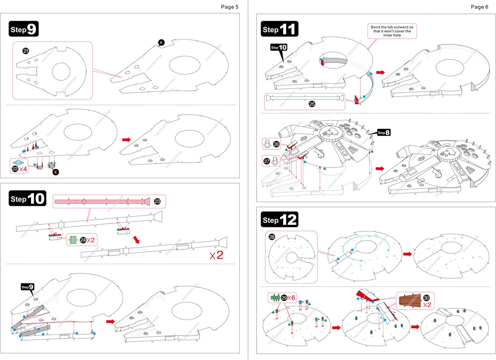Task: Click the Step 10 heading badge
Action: tap(27, 199)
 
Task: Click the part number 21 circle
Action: tap(26, 51)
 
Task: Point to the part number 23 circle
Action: tap(157, 201)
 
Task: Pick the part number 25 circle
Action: tap(312, 104)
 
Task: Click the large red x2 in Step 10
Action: tap(218, 255)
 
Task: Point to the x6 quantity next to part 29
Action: tap(291, 297)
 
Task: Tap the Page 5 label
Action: tap(230, 7)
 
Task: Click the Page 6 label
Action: tap(479, 7)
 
